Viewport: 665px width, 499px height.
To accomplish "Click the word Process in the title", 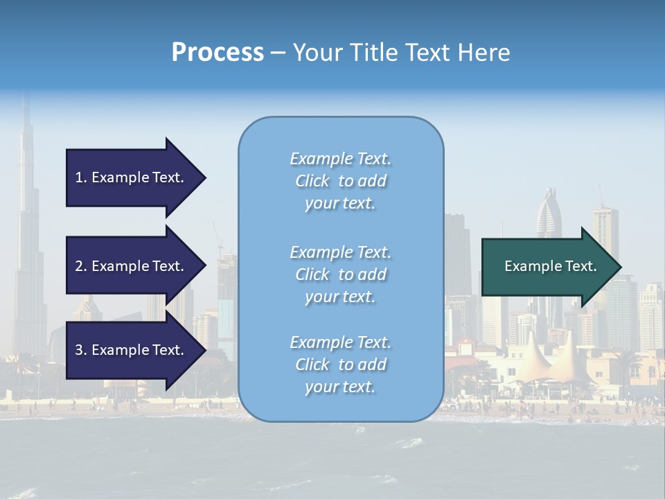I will point(218,53).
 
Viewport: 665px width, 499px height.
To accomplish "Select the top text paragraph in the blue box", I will point(340,181).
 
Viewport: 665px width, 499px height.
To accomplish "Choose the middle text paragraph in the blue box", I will point(340,274).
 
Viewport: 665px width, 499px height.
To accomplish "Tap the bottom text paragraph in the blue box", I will point(340,365).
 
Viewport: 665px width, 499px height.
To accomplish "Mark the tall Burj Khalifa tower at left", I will point(26,229).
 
